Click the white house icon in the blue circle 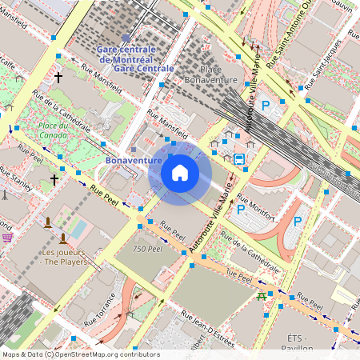(x=180, y=173)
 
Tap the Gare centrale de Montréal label (x=126, y=54)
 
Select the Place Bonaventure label (x=210, y=75)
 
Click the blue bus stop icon (x=239, y=158)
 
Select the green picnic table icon (x=262, y=296)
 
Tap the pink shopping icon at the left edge (x=7, y=237)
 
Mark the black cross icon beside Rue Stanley (x=54, y=180)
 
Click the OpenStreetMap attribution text (x=81, y=354)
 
